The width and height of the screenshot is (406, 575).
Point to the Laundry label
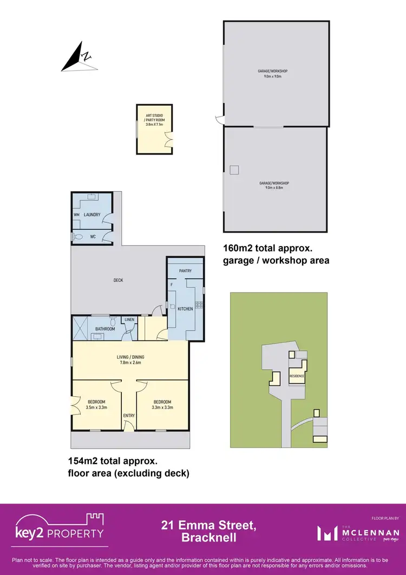point(92,215)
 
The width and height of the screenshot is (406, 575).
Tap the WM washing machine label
point(76,215)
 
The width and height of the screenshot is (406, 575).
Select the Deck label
point(118,280)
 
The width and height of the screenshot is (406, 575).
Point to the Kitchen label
point(185,309)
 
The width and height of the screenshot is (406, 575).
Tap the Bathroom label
point(105,329)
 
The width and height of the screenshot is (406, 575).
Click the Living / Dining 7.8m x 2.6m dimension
point(130,363)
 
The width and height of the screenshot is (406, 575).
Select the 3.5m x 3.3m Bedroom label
point(96,404)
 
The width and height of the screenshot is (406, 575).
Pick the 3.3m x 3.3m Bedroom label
point(162,404)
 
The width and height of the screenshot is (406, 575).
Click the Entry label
point(129,416)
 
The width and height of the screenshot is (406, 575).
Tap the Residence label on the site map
point(297,376)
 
